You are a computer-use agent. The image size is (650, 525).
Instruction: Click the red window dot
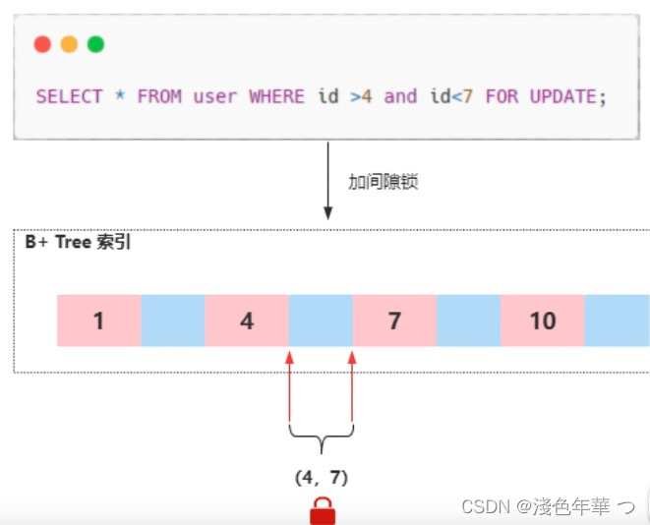[42, 44]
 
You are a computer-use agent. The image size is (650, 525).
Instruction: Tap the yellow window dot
[69, 44]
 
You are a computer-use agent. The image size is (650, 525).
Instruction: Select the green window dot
[95, 44]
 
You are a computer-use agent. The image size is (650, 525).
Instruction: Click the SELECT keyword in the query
[69, 96]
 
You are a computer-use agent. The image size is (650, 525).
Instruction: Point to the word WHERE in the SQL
[277, 96]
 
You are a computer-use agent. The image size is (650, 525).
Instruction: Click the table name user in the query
[214, 96]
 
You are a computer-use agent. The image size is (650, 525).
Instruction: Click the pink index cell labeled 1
[99, 321]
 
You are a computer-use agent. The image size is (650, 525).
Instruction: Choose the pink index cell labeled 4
[247, 321]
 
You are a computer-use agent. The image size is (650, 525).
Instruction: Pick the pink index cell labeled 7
[394, 321]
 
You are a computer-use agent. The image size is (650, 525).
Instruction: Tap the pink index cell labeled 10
[542, 321]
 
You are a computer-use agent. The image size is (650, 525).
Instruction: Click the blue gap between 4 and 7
[321, 321]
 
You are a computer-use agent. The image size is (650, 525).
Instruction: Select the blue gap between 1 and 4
[173, 321]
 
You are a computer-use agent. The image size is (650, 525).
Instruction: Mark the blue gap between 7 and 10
[468, 321]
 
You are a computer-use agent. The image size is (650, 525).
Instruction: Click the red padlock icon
[322, 511]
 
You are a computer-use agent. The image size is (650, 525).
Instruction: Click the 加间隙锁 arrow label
[384, 182]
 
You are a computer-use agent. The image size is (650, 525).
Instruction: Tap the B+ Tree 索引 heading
[79, 243]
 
